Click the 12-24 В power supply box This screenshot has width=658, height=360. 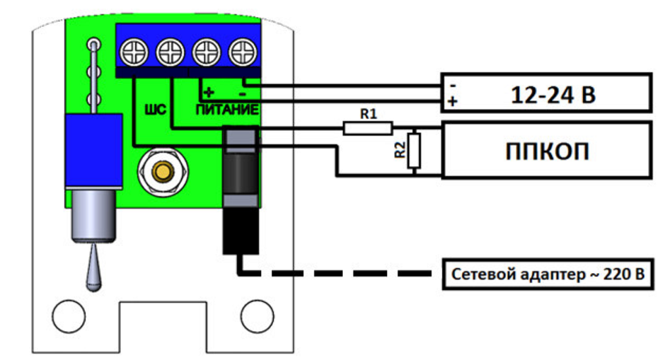(546, 93)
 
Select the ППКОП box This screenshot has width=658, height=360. (546, 150)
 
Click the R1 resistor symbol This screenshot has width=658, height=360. (368, 128)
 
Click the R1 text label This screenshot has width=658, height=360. (368, 113)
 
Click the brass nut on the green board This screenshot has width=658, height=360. (161, 172)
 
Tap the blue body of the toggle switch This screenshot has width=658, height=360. (93, 149)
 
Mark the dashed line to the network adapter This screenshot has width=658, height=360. (342, 273)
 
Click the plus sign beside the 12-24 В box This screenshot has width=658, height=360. (452, 102)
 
